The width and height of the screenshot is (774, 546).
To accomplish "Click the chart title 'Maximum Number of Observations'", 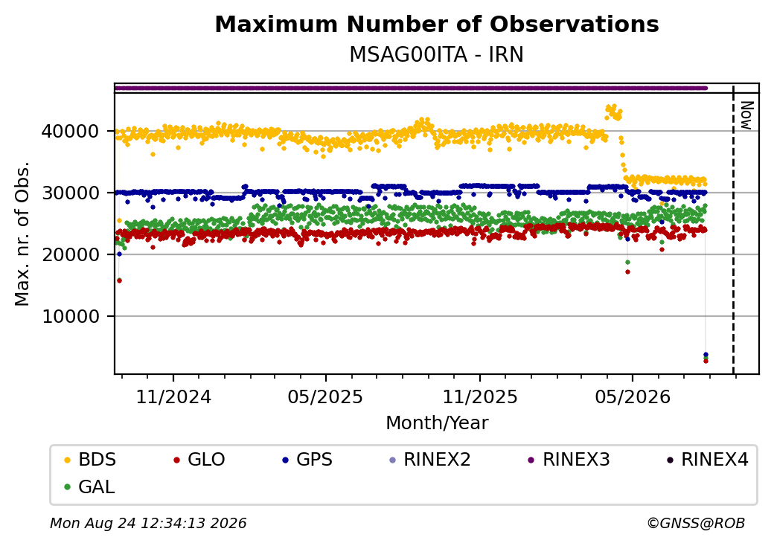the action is coord(437,24).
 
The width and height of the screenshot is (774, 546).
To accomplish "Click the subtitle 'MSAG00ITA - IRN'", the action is coord(436,55).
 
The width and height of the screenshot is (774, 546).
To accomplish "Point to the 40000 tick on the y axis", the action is coord(71,131).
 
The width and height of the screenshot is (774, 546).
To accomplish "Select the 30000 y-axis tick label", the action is coord(71,193).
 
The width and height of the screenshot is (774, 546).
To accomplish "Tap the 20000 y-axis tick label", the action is coord(71,254).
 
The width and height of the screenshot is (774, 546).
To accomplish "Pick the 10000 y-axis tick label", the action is coord(71,316).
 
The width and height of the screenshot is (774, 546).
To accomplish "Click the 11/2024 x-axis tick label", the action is coord(173,397).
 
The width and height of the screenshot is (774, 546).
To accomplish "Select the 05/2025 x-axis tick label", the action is coord(325,397).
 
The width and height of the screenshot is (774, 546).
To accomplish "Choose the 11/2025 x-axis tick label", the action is coord(480,397).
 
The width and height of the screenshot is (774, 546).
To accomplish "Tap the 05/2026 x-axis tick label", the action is coord(633,397).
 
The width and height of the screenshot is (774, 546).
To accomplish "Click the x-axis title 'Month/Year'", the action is coord(437,423).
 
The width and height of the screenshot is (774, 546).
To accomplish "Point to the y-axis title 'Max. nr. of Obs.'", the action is coord(22,234).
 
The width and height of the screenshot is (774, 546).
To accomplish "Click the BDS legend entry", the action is coord(90,460).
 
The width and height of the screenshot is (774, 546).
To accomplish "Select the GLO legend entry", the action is coord(199,460).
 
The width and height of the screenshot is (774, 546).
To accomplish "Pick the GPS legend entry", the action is coord(307,460).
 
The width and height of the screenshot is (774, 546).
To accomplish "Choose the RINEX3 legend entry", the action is coord(569,460).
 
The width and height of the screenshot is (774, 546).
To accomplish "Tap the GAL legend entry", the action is coord(90,486).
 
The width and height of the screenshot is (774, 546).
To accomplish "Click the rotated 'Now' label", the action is coord(747,115).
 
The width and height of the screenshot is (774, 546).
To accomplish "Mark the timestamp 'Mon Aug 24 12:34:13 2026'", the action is coord(148,523).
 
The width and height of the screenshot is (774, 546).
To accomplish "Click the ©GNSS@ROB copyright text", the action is coord(696,523).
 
